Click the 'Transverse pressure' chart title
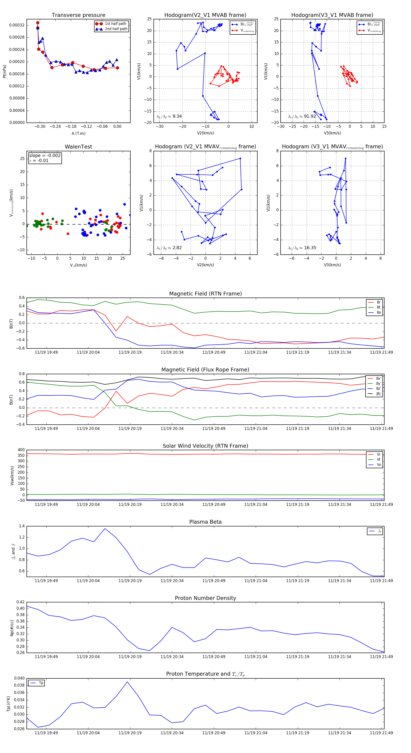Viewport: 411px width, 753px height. pyautogui.click(x=78, y=15)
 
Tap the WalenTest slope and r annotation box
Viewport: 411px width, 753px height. pyautogui.click(x=45, y=158)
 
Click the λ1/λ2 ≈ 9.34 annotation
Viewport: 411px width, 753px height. pyautogui.click(x=169, y=116)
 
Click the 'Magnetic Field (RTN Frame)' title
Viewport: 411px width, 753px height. pyautogui.click(x=205, y=294)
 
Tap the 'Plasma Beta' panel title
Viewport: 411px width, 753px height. pyautogui.click(x=205, y=522)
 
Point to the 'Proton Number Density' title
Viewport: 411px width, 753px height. pyautogui.click(x=205, y=598)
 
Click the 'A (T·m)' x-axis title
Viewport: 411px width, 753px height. pyautogui.click(x=78, y=133)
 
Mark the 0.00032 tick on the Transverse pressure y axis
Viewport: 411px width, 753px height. pyautogui.click(x=17, y=25)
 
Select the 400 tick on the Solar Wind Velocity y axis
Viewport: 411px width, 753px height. pyautogui.click(x=21, y=450)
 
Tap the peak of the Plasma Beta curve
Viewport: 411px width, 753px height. pyautogui.click(x=105, y=528)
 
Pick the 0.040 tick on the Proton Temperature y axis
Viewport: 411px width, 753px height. pyautogui.click(x=19, y=678)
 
